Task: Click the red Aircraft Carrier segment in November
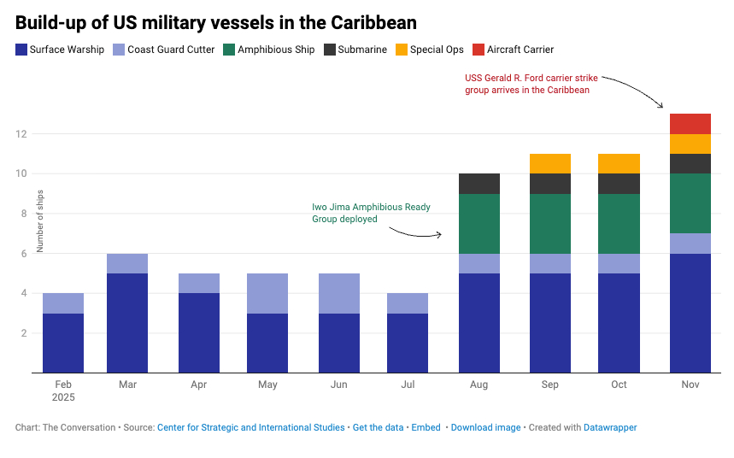690,124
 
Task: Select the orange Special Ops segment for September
550,163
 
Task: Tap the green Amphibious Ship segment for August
479,224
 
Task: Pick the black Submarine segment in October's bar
619,184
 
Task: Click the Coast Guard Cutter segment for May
267,293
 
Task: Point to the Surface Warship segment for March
127,323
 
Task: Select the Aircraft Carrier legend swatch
478,50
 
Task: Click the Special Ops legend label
437,50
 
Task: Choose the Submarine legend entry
356,50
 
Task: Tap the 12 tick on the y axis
21,134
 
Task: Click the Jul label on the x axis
408,385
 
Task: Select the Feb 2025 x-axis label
64,390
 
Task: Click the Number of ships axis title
39,221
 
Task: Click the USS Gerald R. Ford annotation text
531,83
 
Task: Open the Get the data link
378,427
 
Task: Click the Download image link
485,427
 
